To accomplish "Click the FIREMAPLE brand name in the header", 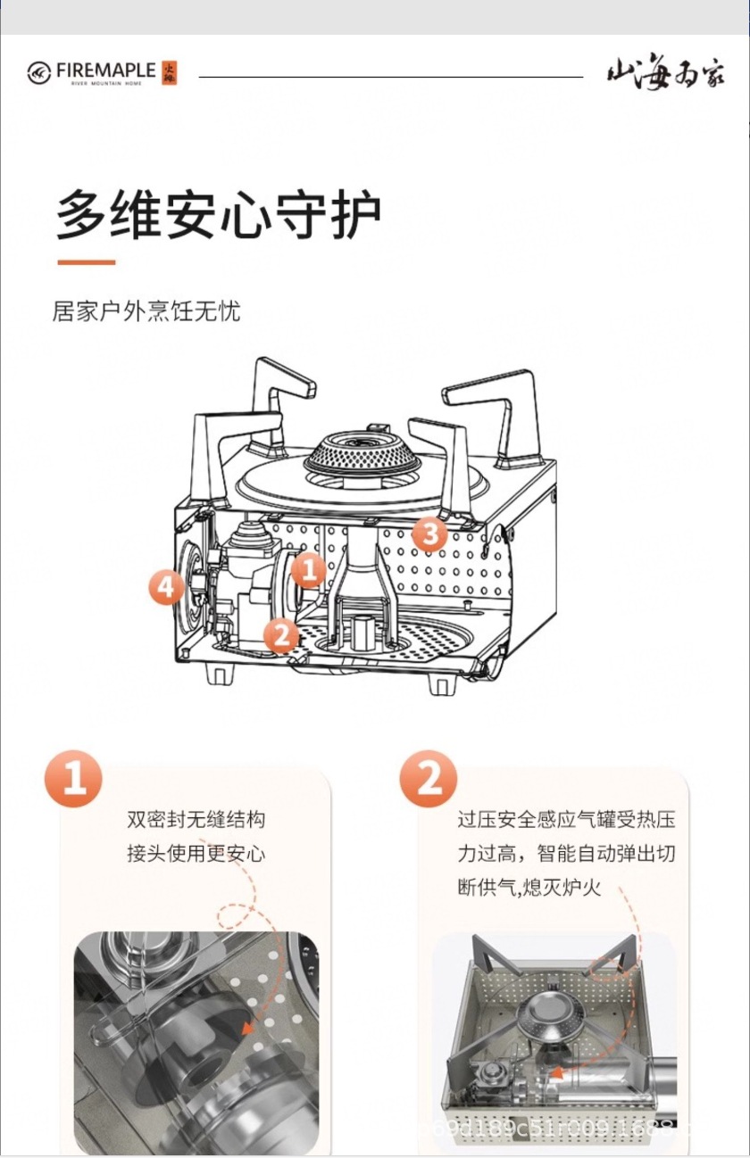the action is (105, 70).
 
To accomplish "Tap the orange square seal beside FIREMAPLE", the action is (170, 73).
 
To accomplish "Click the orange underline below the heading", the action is (87, 262).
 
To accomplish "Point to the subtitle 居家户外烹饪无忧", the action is (146, 311).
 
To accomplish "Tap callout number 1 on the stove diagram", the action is (307, 568).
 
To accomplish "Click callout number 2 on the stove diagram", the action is (281, 635).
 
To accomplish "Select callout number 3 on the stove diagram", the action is (430, 534).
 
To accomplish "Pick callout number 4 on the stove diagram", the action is (166, 587).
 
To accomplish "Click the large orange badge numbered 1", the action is (74, 779).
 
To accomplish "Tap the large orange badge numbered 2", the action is (429, 779).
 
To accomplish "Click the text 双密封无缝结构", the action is (196, 819).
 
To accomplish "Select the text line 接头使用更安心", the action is (196, 854).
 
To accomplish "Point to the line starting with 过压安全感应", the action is (566, 819).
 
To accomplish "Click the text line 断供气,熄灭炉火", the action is (529, 889).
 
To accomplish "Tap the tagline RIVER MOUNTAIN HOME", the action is (105, 83).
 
